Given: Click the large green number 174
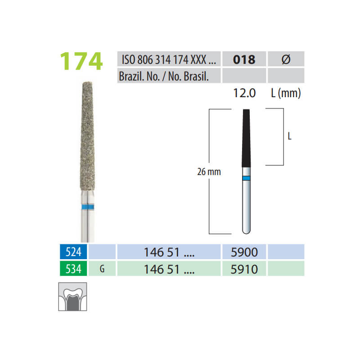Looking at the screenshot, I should (81, 61).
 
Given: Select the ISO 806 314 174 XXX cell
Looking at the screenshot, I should (169, 59).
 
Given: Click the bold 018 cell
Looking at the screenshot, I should (244, 59).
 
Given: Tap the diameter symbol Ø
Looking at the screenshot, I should (285, 59).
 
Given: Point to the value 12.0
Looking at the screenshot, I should (244, 93).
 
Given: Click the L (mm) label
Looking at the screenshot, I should (287, 93).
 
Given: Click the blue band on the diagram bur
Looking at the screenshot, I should (246, 178).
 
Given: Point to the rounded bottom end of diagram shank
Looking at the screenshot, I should (246, 231).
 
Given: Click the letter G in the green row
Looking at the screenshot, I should (102, 269).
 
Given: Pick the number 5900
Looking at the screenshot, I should (244, 251).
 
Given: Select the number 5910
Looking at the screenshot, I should (244, 269).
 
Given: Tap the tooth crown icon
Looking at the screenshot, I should (72, 297).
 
